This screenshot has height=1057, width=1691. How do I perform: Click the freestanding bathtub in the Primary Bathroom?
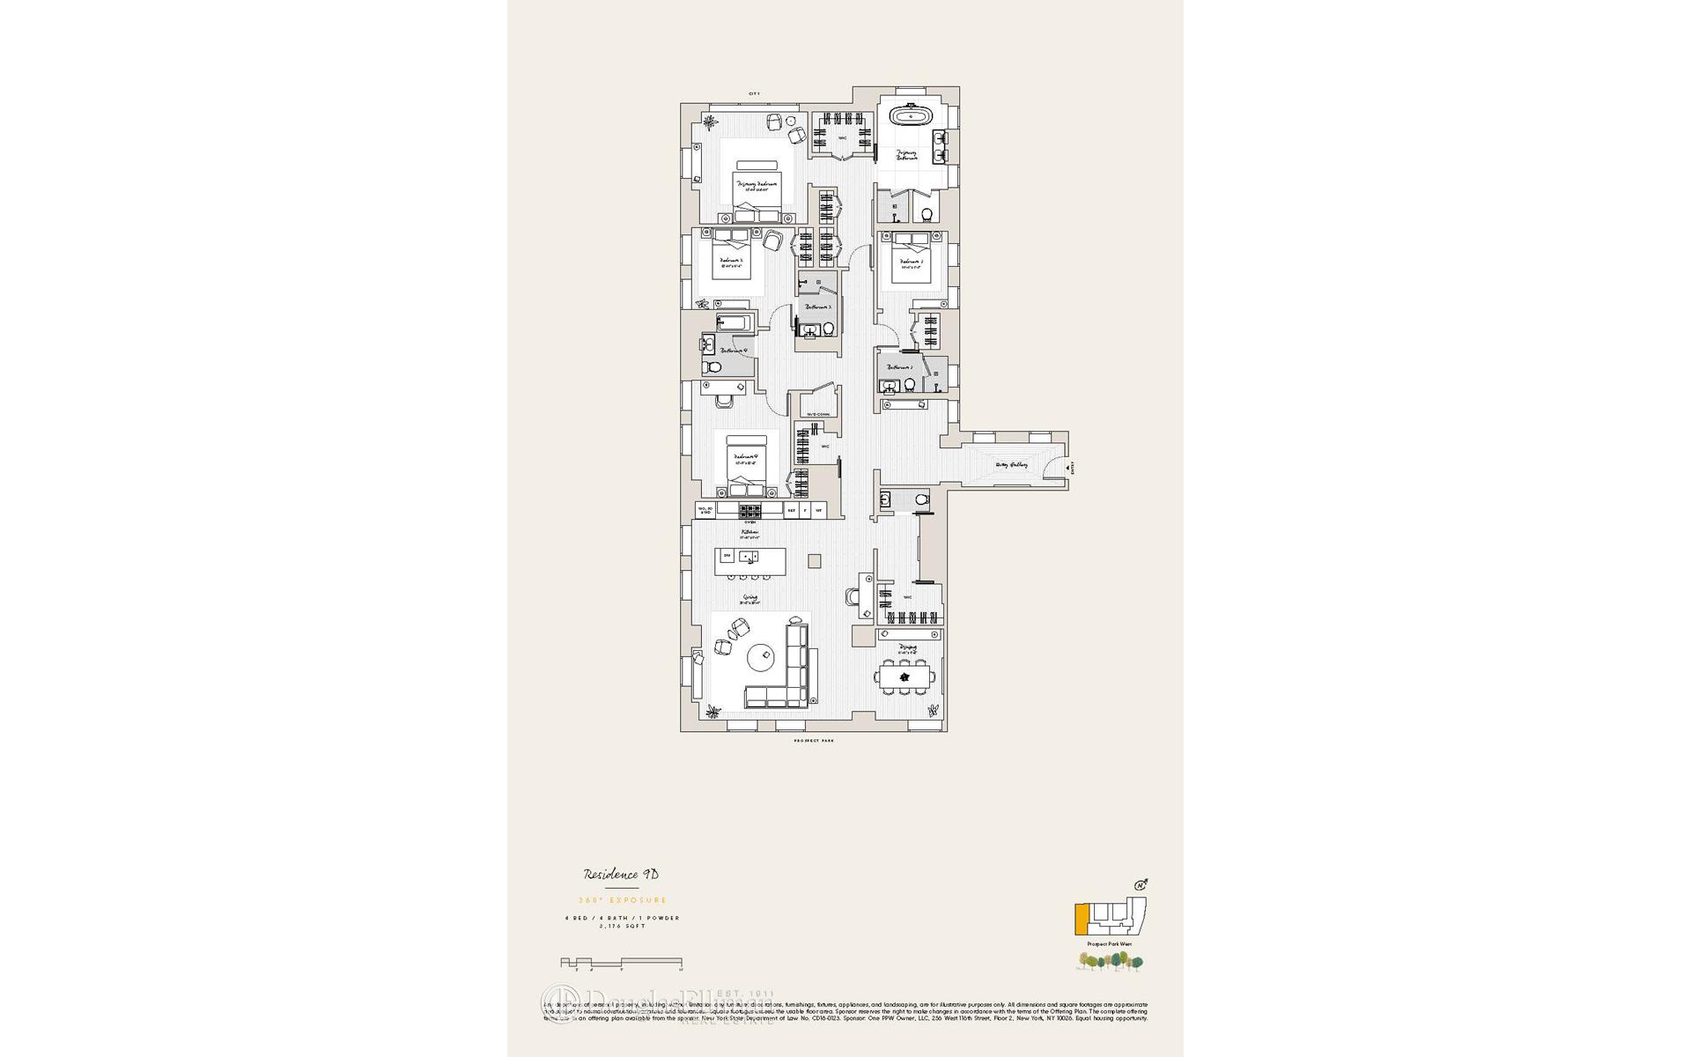[906, 116]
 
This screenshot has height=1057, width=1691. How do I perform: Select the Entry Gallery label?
[1011, 464]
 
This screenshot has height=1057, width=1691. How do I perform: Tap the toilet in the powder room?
[921, 500]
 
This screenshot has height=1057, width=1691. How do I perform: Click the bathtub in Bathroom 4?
[734, 323]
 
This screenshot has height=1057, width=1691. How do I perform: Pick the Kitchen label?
[750, 533]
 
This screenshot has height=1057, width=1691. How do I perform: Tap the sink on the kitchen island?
[749, 556]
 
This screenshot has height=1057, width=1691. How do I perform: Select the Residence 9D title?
[621, 875]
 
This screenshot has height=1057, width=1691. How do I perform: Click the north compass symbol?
[1142, 883]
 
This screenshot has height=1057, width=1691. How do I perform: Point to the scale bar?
[621, 963]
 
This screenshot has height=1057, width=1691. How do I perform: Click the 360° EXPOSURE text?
[621, 900]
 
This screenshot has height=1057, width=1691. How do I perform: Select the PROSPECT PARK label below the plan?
[813, 742]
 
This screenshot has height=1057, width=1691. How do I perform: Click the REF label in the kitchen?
[791, 510]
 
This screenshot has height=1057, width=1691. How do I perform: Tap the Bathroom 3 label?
[819, 307]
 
